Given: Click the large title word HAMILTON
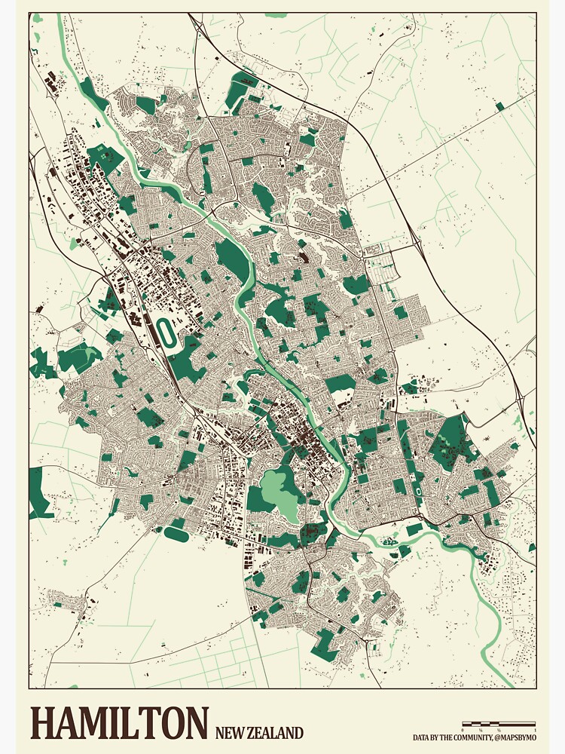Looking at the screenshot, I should point(118,723).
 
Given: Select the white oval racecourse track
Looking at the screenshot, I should point(165,329).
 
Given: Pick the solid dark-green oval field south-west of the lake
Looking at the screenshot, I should point(176,534).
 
